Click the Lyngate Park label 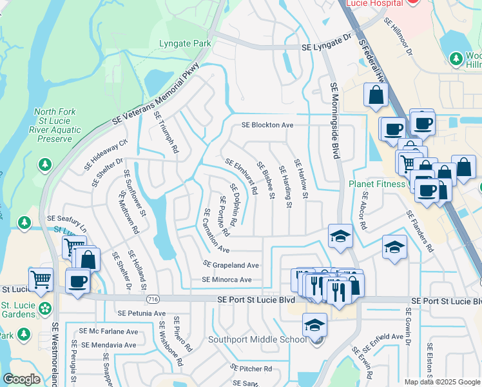pos(184,44)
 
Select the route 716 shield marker pos(153,299)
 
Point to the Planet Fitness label pos(378,184)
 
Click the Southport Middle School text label pos(257,339)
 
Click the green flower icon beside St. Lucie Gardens pos(44,308)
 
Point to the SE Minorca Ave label pos(226,280)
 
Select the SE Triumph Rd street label pos(166,132)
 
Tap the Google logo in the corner pos(21,379)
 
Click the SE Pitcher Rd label pos(251,368)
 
